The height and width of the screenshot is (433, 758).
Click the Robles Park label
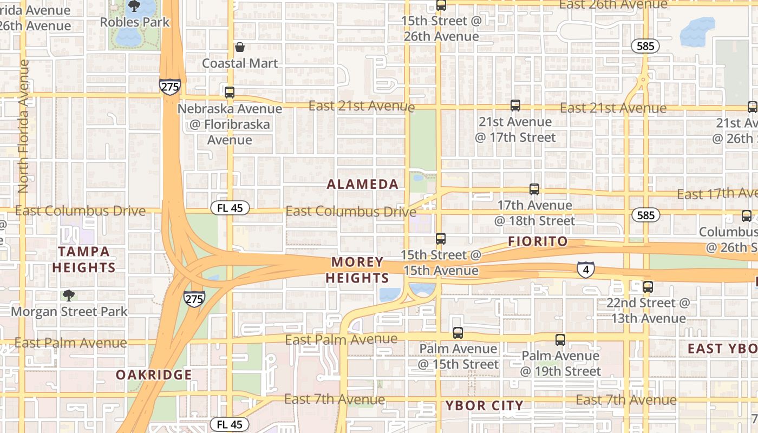[135, 22]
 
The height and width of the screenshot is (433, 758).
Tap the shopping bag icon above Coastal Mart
[239, 48]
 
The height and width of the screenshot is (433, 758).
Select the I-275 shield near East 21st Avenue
[169, 86]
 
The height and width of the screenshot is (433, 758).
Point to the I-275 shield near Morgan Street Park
[194, 298]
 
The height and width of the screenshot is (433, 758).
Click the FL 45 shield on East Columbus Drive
[230, 208]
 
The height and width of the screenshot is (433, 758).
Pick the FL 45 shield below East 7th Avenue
[230, 424]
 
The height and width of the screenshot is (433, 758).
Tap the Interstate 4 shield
[585, 269]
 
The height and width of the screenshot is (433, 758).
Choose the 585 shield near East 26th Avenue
[645, 46]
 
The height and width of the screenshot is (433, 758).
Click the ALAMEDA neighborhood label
[363, 185]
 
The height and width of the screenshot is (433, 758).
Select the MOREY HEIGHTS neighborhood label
[360, 270]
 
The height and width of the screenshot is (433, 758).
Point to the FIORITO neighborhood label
[538, 242]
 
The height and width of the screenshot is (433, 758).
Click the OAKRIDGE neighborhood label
[154, 375]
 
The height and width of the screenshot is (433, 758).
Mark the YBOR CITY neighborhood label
[484, 405]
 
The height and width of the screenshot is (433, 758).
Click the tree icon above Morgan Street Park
[68, 296]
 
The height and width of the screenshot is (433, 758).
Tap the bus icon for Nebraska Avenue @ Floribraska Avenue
[230, 92]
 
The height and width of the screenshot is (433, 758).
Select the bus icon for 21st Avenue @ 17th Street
[515, 106]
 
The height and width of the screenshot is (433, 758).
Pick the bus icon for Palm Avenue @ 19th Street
[560, 340]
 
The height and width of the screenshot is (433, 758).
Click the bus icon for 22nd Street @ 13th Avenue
[648, 287]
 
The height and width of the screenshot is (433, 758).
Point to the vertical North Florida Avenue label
[23, 126]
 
